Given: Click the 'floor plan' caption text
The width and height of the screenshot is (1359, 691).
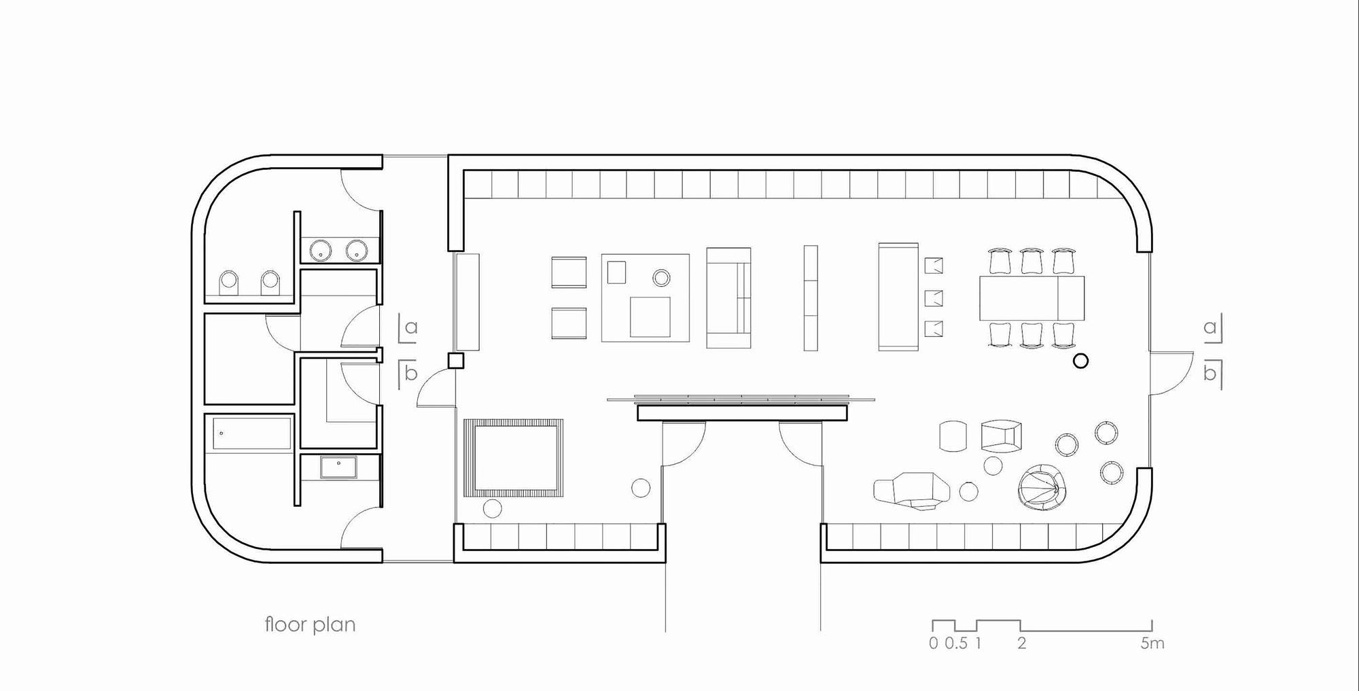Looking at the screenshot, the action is click(x=310, y=624).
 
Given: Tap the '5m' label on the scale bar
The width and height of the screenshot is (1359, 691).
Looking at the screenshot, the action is click(x=1152, y=643).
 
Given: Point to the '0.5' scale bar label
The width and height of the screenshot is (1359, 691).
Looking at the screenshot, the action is click(x=956, y=643).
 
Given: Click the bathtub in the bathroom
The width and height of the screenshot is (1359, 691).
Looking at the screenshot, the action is click(x=251, y=433).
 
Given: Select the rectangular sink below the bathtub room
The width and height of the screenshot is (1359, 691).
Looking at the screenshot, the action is click(x=338, y=467).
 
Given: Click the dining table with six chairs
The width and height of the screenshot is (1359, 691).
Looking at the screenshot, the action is click(x=1031, y=298).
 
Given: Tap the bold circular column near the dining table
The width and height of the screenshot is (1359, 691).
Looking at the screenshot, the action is click(x=1080, y=361).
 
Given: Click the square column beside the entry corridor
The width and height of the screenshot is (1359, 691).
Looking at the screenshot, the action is click(x=456, y=360).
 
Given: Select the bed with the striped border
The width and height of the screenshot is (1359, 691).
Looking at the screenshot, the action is click(x=514, y=457).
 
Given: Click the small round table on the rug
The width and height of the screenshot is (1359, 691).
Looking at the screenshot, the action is click(x=661, y=277).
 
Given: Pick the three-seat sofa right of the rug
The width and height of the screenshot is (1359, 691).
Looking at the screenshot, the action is click(x=728, y=298).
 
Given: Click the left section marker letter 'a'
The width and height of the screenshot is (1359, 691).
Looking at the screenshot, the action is click(x=410, y=327).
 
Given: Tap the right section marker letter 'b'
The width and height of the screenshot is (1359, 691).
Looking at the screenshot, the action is click(x=1210, y=373).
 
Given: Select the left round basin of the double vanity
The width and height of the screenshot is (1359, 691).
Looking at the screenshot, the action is click(x=319, y=251).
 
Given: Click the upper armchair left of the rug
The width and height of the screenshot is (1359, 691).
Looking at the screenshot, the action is click(x=569, y=272).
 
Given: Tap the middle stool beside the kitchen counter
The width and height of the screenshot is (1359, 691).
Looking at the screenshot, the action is click(x=934, y=298).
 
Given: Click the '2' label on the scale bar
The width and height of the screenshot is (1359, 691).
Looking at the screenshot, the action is click(x=1021, y=643).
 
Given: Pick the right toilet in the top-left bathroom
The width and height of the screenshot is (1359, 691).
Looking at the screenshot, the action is click(x=270, y=283).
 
